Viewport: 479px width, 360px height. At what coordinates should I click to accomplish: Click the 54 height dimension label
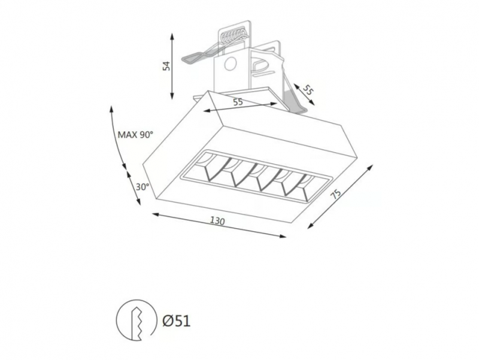pos(166,66)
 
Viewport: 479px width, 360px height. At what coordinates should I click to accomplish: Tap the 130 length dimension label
pos(217,220)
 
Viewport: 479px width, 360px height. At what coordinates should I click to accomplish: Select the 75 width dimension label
pos(336,194)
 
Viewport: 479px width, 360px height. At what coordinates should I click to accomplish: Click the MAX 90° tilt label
pos(135,134)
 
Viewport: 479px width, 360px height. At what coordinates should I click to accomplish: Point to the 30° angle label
pos(142,187)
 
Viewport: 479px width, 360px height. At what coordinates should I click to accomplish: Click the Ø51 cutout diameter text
pos(176,321)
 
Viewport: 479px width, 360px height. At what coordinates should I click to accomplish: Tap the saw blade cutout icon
pos(134,320)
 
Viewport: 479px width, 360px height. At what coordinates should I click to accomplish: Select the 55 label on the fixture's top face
pos(238,102)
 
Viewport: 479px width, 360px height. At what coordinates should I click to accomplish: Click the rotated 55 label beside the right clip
pos(308,90)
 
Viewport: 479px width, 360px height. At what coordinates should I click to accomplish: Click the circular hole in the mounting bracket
pos(231,63)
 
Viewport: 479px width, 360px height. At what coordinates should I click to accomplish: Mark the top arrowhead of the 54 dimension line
pos(172,36)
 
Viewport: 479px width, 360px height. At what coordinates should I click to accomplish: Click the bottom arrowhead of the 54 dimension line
pos(172,96)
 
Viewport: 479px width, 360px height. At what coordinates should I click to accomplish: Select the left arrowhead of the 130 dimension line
pos(155,214)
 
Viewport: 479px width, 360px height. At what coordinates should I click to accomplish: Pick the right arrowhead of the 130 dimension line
pos(283,235)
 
